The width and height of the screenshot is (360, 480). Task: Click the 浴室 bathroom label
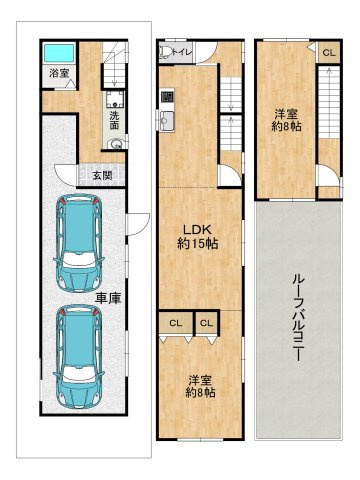click(59, 73)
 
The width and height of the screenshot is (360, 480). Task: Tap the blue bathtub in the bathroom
click(59, 53)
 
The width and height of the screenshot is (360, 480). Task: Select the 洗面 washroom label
click(115, 120)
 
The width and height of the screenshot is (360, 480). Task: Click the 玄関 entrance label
click(102, 175)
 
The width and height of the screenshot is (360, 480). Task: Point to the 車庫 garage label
click(108, 298)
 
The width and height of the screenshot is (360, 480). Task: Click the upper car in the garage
click(79, 243)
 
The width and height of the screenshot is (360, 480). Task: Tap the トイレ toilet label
click(182, 52)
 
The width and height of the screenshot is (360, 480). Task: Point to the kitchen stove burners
click(167, 97)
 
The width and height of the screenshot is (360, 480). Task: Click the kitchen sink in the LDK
click(167, 121)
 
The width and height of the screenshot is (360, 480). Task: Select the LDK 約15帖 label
click(197, 237)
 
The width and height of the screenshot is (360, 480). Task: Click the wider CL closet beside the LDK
click(176, 323)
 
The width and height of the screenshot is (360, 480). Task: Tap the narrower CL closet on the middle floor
click(206, 323)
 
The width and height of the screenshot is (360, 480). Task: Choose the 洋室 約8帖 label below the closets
click(200, 386)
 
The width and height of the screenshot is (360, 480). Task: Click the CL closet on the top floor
click(329, 52)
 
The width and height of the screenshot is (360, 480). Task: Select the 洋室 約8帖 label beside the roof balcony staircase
click(286, 120)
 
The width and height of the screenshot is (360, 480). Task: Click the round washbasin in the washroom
click(116, 144)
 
